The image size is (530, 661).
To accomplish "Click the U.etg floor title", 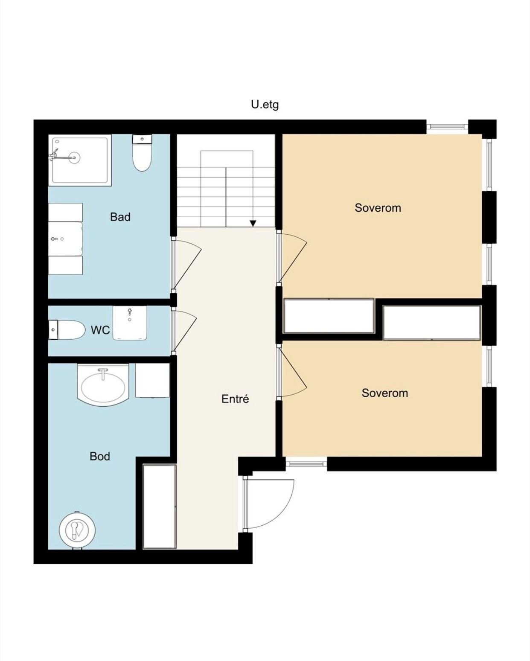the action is pos(265,105).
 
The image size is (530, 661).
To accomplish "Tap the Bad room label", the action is pos(120,217).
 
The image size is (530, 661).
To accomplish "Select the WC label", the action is pos(100,330).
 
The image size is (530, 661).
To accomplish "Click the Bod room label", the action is pos(100,456).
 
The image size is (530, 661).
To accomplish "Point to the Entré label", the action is pos(235,399).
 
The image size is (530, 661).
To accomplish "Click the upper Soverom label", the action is pos(378,208).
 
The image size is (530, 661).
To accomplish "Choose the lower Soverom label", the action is pos(384,393).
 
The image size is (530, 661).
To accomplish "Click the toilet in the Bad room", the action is pos(142,153).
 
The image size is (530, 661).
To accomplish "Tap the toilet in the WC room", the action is pos(67,330).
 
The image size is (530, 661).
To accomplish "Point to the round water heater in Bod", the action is pos(77,530).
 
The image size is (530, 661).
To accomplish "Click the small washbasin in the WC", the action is pos(130,323).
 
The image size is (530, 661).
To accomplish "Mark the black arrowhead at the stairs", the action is pos(253,224).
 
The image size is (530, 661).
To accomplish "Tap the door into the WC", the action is pos(184,331).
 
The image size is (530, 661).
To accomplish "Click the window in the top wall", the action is pos(447,125).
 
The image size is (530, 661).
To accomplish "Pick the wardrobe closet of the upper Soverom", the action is pos(329,316).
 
